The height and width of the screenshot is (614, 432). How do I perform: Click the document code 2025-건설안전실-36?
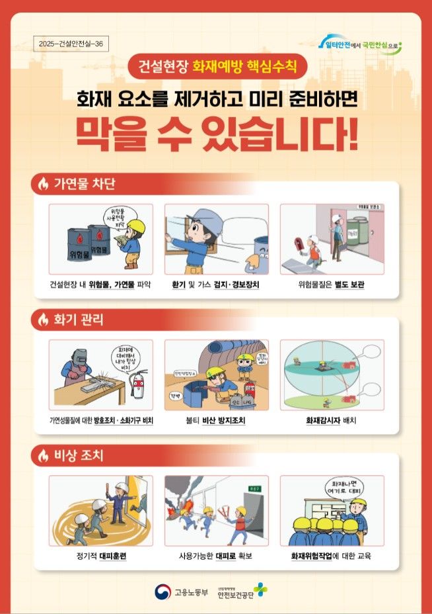[71, 44]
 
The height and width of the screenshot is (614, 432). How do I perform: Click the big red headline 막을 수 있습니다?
[217, 134]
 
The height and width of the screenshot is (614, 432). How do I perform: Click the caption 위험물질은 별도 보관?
[332, 285]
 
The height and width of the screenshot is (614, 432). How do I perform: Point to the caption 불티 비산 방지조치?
[216, 420]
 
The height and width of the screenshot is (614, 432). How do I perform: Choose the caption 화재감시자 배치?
[331, 420]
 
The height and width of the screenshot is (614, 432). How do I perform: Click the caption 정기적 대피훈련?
[101, 556]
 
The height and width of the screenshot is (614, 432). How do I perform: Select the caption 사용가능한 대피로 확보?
[216, 556]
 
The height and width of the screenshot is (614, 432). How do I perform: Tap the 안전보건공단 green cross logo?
[260, 589]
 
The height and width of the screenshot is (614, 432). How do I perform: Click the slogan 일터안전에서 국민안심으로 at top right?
[363, 46]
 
